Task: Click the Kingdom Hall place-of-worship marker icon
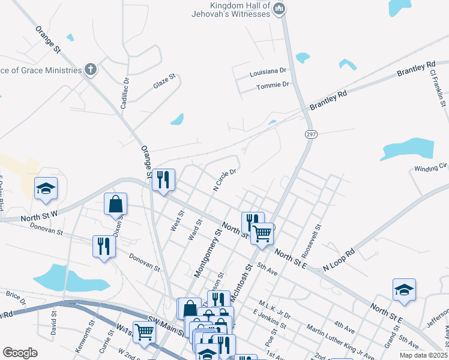(x=279, y=8)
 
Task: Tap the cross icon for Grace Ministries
(x=91, y=70)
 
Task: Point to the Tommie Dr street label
(x=273, y=85)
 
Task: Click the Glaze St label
(x=164, y=81)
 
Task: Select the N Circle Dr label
(x=224, y=179)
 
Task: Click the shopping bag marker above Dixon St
(x=116, y=205)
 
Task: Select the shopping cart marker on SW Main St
(x=144, y=332)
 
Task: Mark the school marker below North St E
(x=405, y=290)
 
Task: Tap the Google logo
(x=20, y=353)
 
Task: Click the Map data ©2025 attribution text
(x=424, y=355)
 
